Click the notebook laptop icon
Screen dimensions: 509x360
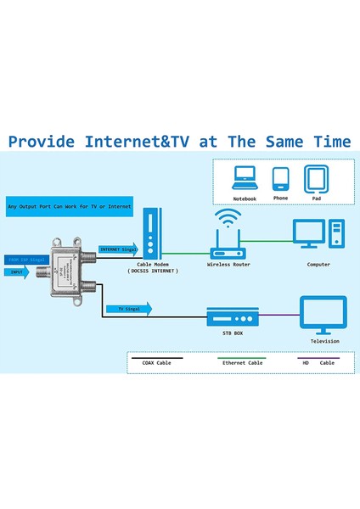click(x=245, y=176)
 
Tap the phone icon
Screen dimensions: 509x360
click(x=281, y=177)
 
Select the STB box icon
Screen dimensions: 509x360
click(x=232, y=318)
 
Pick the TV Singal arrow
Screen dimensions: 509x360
click(x=127, y=310)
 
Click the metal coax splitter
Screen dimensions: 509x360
click(x=65, y=273)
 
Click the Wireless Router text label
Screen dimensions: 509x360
click(x=228, y=265)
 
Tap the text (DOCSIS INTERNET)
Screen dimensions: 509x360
click(x=151, y=272)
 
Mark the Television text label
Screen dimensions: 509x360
click(x=323, y=341)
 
